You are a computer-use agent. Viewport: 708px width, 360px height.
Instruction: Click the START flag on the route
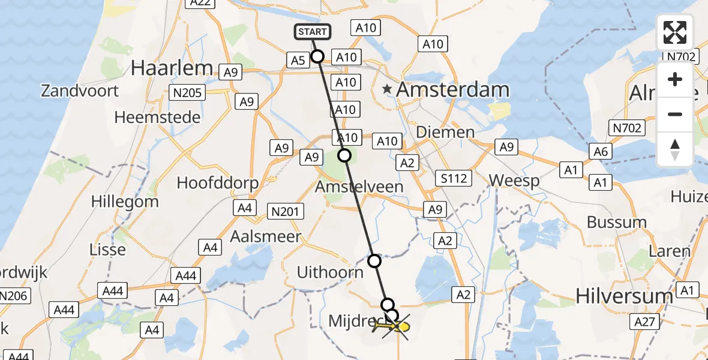(x=312, y=32)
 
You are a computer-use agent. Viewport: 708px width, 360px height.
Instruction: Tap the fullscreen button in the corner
(x=675, y=32)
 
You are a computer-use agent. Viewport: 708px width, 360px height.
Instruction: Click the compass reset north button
(x=675, y=149)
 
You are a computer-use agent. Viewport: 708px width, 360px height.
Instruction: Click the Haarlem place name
(x=172, y=68)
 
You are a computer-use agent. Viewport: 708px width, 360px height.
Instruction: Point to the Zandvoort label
(x=80, y=91)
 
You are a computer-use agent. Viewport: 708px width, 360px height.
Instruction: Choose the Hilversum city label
(x=623, y=296)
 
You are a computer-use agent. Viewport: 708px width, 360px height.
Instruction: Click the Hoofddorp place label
(x=218, y=183)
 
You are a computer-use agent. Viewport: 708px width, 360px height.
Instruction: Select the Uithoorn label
(x=330, y=272)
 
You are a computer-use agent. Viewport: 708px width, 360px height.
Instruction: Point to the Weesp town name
(x=514, y=180)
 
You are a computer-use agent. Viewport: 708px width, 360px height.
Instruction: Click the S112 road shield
(x=454, y=178)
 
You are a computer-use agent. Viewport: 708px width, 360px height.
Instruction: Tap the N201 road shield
(x=287, y=211)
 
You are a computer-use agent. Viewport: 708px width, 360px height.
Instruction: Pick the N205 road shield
(x=188, y=92)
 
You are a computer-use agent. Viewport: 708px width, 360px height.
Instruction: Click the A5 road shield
(x=298, y=60)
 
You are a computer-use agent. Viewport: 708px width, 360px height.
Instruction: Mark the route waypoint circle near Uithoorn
(x=374, y=261)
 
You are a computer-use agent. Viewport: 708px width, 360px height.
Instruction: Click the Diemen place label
(x=445, y=132)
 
